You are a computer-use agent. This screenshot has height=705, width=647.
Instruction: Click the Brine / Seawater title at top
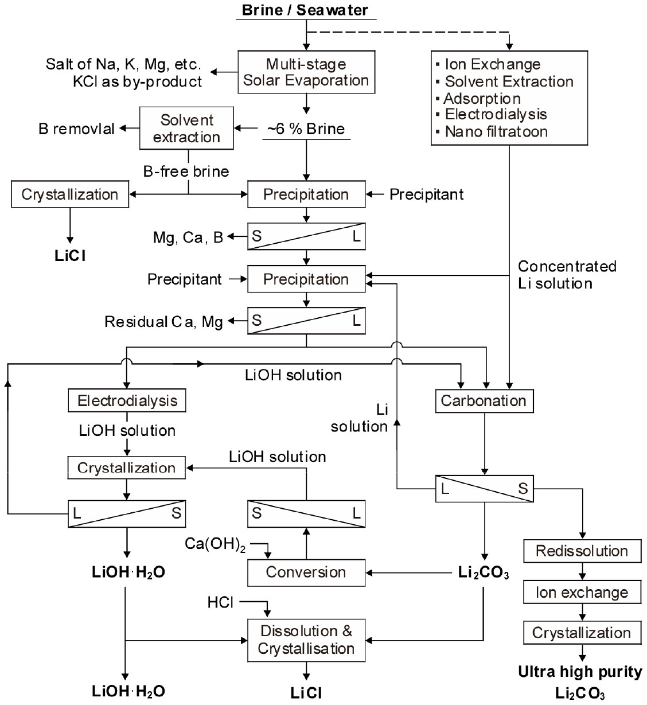tap(305, 10)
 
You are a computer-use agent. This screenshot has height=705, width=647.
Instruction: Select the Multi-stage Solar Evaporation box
tap(306, 72)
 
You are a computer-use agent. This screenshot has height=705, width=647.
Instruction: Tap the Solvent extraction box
tap(187, 128)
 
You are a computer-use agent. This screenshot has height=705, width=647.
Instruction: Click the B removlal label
tap(77, 128)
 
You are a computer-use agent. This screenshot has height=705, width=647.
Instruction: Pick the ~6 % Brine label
tap(306, 128)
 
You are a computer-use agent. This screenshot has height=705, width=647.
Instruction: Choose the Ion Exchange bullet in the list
tap(492, 64)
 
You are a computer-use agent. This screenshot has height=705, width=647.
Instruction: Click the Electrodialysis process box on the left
tap(127, 400)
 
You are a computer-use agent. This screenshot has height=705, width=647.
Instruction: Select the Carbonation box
tap(484, 400)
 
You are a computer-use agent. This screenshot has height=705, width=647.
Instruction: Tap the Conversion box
tap(306, 572)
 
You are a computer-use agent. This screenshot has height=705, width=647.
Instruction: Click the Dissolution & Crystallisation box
tap(306, 640)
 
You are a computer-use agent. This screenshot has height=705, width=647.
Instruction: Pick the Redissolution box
tap(582, 551)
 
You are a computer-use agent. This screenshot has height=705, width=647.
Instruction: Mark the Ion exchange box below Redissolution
tap(582, 593)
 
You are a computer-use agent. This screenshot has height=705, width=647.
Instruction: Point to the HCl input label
tap(221, 602)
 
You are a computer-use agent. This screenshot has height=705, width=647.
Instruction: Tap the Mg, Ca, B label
tap(188, 237)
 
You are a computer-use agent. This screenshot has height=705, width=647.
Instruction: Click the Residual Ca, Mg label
tap(163, 322)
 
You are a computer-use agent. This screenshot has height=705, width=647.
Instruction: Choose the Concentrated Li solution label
tap(567, 274)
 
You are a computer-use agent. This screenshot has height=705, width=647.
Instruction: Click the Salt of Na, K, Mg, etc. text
tap(123, 64)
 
